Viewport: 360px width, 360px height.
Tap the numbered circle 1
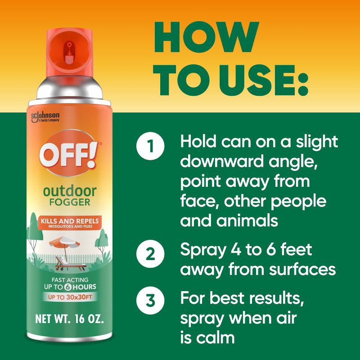pyautogui.click(x=150, y=147)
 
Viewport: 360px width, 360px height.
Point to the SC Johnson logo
pyautogui.click(x=45, y=117)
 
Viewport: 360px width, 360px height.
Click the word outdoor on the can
pyautogui.click(x=70, y=191)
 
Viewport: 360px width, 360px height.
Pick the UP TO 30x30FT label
pyautogui.click(x=70, y=297)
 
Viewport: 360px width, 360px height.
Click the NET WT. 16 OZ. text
pyautogui.click(x=70, y=321)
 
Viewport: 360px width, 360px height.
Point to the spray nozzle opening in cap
pyautogui.click(x=69, y=45)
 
